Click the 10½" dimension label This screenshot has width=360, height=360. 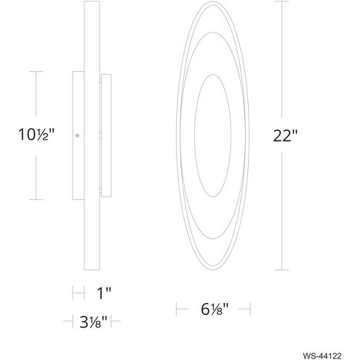click(x=36, y=135)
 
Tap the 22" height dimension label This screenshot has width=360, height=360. click(x=285, y=136)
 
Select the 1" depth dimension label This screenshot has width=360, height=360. click(x=104, y=293)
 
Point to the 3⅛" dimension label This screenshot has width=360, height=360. click(x=93, y=322)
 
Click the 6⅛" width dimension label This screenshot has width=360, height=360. click(x=215, y=309)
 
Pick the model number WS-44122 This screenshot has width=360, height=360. click(x=322, y=356)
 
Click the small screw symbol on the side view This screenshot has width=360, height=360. click(x=77, y=136)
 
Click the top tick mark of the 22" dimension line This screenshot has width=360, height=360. click(x=281, y=1)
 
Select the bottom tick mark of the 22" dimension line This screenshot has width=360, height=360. click(x=281, y=270)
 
